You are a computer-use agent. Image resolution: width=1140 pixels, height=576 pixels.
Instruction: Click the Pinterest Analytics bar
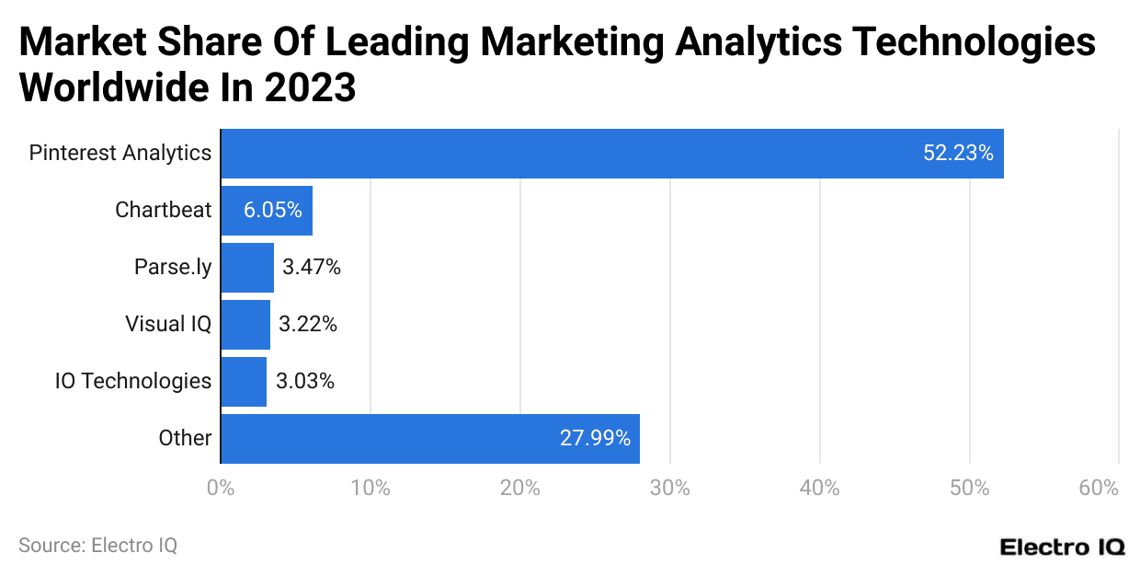tap(611, 154)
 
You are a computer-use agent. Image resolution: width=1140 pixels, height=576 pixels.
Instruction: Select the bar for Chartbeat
tap(267, 211)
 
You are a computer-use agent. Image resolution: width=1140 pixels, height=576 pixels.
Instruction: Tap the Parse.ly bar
tap(247, 268)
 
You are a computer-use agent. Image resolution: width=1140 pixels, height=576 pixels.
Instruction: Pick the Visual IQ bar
tap(245, 325)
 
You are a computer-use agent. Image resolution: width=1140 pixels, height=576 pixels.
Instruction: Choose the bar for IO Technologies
tap(244, 382)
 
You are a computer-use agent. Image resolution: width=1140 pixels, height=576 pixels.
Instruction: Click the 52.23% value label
tap(958, 154)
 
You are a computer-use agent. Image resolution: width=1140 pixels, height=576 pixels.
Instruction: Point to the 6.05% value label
tap(272, 211)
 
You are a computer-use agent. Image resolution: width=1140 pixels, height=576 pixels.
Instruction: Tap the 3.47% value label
tap(312, 268)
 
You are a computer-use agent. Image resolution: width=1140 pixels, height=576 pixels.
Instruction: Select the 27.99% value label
tap(595, 439)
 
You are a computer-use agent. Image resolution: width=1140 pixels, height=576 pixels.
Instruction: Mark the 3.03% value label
tap(304, 382)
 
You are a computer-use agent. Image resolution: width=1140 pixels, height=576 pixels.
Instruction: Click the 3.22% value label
tap(308, 325)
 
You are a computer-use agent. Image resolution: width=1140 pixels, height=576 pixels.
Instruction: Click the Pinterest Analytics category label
tap(120, 153)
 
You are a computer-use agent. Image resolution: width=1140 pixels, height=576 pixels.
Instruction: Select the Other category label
tap(185, 438)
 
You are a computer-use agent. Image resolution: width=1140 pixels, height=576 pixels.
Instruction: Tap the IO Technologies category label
tap(133, 381)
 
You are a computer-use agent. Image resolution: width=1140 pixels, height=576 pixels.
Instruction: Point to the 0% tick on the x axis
tap(221, 489)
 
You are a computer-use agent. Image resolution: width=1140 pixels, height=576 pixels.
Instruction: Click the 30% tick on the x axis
tap(669, 489)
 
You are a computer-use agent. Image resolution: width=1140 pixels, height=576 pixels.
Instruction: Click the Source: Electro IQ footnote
tap(97, 546)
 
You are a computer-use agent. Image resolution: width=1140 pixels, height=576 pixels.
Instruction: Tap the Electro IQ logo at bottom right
tap(1062, 547)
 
